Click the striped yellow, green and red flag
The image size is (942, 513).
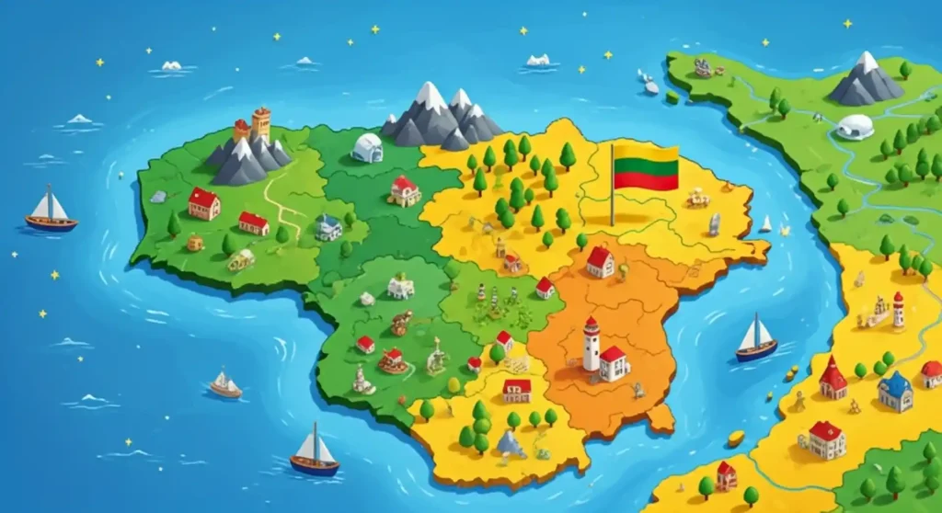pos(646,167)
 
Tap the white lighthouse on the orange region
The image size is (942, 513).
pos(591,344)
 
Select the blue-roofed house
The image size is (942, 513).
pos(894,392)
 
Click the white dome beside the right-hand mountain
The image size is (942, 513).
pos(855,127)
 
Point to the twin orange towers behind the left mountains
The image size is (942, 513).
pos(253,125)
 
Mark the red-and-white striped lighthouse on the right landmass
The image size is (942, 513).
pos(898,310)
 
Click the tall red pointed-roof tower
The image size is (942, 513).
pos(833,377)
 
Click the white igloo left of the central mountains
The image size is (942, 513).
pos(367,147)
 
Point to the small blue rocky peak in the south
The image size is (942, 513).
pos(511,444)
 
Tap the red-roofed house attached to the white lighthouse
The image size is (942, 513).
pos(614,363)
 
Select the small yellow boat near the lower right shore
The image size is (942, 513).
pos(736,438)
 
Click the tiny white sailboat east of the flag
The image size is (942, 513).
pos(765,223)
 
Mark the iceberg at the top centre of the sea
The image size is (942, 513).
pos(538,61)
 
